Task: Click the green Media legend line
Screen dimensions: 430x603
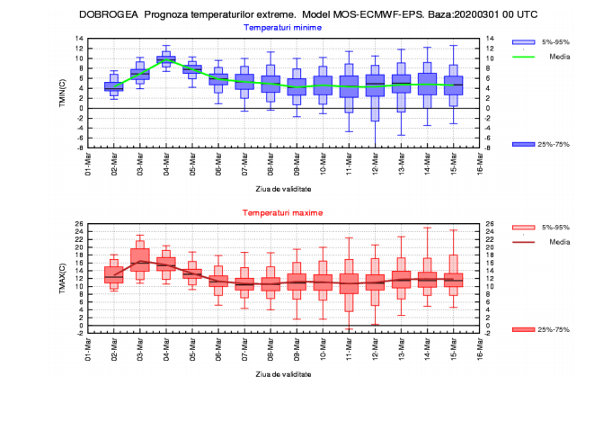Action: (524, 55)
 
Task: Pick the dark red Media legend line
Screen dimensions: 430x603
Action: (524, 240)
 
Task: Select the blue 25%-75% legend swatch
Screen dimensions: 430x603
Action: (524, 145)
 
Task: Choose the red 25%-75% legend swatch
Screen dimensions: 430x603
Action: (524, 330)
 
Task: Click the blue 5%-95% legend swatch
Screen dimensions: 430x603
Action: (524, 42)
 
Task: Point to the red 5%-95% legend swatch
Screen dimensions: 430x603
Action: (524, 228)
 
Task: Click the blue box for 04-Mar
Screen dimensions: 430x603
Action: (165, 60)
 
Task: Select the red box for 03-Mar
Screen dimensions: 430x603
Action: (139, 259)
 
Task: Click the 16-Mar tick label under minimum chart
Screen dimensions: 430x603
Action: (480, 164)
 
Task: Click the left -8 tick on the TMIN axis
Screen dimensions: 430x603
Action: (78, 148)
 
